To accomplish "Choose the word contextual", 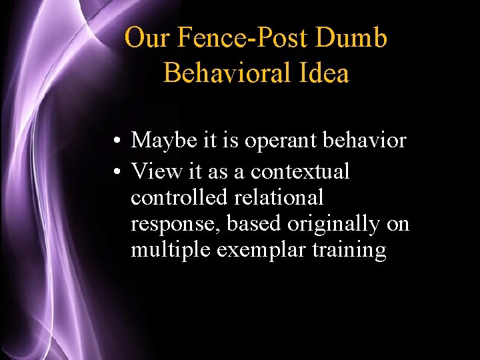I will [299, 171].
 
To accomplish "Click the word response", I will [175, 225].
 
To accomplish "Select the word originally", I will [339, 225].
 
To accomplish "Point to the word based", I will [253, 223].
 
